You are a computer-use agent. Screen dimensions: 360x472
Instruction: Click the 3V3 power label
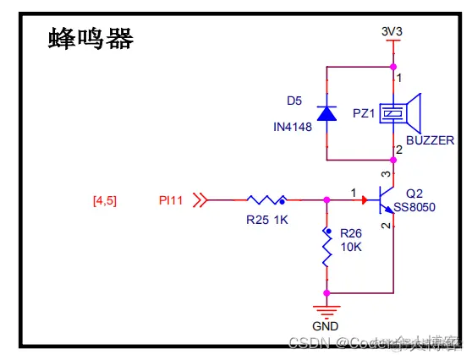392,32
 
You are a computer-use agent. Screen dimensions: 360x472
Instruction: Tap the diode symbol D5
327,112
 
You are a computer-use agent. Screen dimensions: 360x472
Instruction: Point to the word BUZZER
430,140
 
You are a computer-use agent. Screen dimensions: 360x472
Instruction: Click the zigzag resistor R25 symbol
266,200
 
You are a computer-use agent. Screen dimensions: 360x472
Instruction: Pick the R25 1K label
266,220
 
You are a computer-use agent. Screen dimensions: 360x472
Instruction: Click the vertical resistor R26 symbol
327,248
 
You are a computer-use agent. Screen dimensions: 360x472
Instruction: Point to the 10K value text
351,248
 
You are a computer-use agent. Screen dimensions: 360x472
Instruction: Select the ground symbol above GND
327,309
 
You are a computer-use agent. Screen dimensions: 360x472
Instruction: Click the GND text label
327,326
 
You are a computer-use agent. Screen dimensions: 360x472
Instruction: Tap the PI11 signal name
172,200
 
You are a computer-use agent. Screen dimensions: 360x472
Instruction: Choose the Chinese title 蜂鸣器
91,39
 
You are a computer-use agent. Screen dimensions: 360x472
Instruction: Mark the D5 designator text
294,101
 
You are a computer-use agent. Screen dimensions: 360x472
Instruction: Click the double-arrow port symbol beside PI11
200,200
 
